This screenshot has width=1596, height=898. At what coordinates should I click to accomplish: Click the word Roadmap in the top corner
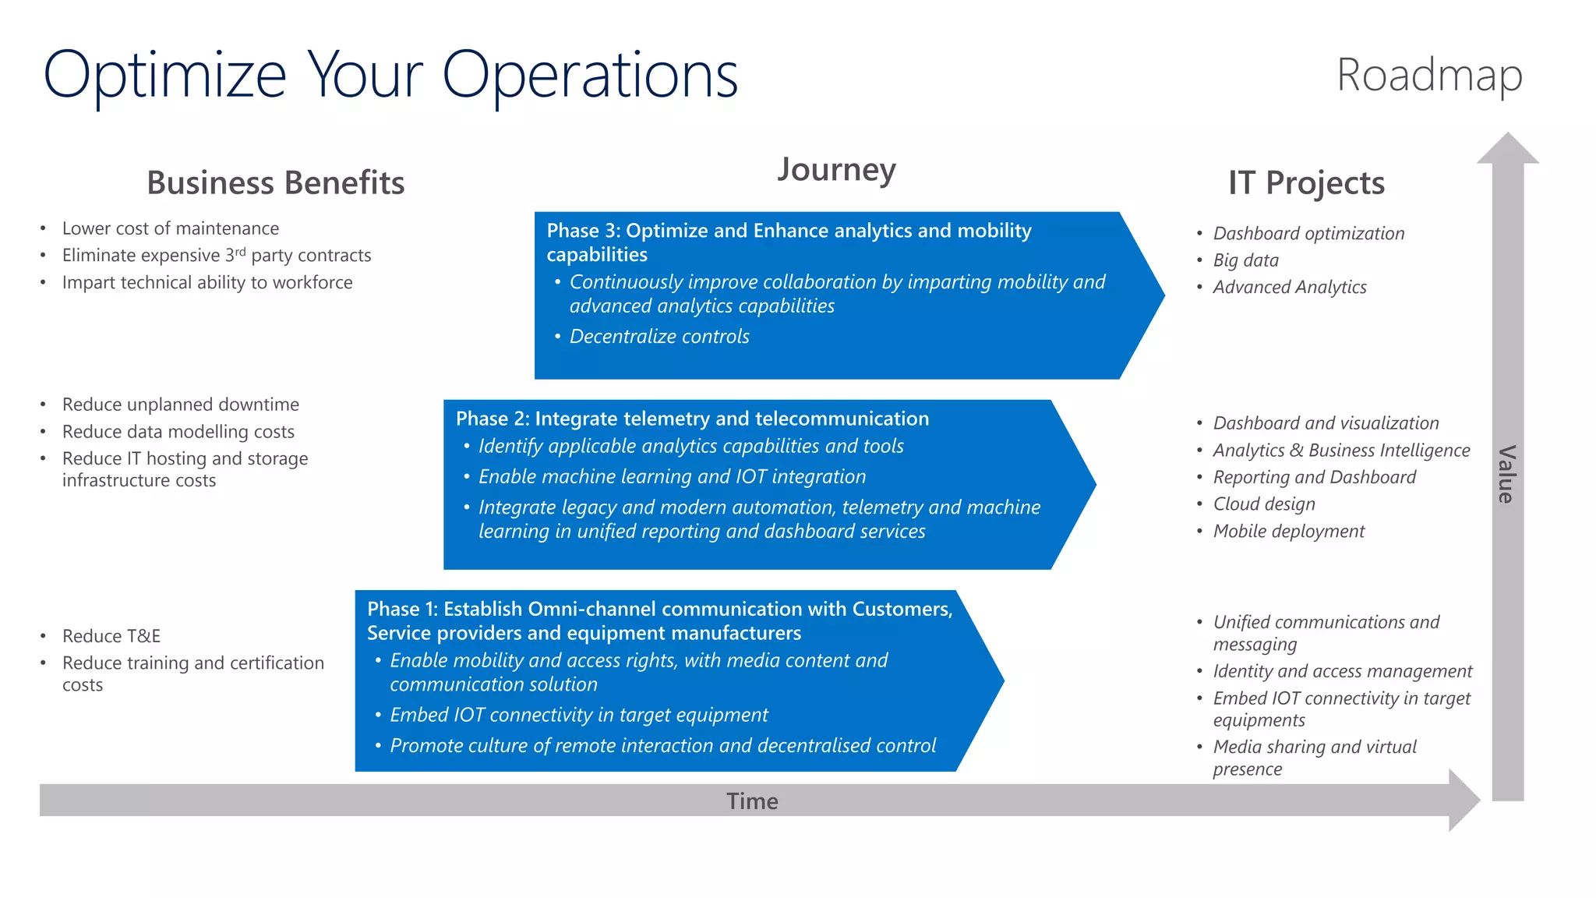click(1429, 76)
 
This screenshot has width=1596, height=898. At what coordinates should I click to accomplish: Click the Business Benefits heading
click(275, 182)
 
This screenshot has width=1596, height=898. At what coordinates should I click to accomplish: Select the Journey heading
click(836, 169)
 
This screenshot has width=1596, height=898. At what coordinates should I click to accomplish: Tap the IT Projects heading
click(1306, 182)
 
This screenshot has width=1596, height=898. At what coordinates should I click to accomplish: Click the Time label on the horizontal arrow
click(752, 801)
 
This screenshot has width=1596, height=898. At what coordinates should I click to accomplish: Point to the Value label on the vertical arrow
click(1506, 474)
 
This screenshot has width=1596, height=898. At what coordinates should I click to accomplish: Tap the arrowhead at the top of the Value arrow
click(1508, 148)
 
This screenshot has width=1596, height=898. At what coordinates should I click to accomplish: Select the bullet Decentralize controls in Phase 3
click(659, 336)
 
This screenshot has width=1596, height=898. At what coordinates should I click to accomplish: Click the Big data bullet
click(1245, 260)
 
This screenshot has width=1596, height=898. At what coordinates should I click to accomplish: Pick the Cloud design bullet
click(1263, 504)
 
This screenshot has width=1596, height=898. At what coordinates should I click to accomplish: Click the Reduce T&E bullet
click(111, 636)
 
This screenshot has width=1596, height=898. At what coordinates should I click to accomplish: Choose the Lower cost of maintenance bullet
click(171, 228)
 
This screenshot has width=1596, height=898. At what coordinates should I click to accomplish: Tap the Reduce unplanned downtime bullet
click(180, 405)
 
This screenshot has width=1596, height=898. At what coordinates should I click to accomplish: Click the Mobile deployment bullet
click(1288, 532)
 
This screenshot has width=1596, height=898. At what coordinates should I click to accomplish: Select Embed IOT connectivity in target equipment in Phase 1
click(578, 715)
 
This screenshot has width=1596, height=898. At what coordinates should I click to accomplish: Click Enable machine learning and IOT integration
click(672, 476)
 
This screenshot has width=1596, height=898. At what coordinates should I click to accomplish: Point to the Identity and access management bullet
click(1342, 671)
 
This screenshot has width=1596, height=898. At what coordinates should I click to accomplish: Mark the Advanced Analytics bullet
click(1289, 288)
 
